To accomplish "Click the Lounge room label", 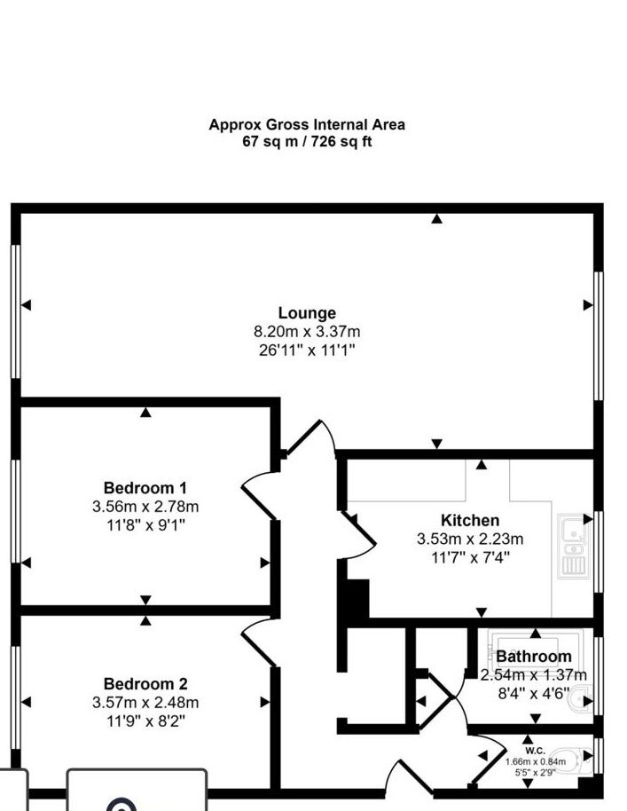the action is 307,313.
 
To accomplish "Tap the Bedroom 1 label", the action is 145,488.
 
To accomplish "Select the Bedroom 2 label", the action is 145,684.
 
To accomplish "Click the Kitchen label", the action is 470,520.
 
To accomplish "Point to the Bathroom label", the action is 534,657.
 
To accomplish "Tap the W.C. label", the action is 535,751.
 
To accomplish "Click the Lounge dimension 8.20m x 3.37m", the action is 307,332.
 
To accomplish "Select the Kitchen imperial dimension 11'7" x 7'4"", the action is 470,557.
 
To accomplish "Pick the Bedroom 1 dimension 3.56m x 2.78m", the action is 145,507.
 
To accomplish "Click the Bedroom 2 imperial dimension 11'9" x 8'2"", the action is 145,720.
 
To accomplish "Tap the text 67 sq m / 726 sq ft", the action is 307,141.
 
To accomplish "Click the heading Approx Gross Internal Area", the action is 307,124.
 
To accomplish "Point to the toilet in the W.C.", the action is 570,761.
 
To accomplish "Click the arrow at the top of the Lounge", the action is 437,219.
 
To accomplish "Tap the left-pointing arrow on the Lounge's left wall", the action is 26,305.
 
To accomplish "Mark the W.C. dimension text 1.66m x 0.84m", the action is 536,761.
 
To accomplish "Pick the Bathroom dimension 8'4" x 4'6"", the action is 534,693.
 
